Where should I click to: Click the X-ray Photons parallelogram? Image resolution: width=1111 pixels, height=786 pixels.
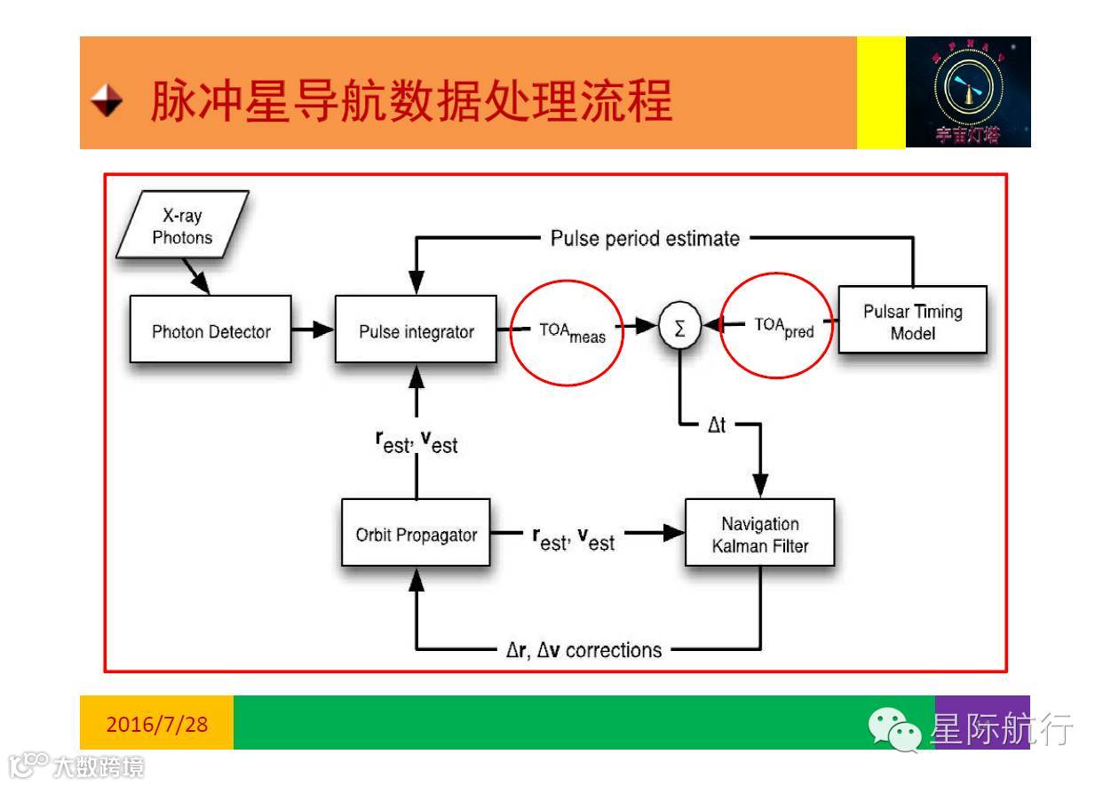pos(182,226)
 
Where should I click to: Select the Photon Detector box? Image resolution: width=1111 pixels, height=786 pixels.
pos(210,331)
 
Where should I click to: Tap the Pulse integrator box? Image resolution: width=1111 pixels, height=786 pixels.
pos(416,331)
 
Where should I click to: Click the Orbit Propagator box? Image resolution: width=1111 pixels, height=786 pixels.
pos(416,535)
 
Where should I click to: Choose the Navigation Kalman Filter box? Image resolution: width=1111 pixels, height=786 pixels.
pos(759,535)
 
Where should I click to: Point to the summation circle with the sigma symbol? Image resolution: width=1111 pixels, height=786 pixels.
pos(680,329)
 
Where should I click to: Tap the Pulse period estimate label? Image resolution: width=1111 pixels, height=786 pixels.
pos(645,238)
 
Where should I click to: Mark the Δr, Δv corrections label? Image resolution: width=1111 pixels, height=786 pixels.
pos(578,649)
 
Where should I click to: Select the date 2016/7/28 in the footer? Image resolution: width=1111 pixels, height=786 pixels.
pos(157,724)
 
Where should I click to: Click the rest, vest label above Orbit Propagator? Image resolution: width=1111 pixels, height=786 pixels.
pos(416,441)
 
